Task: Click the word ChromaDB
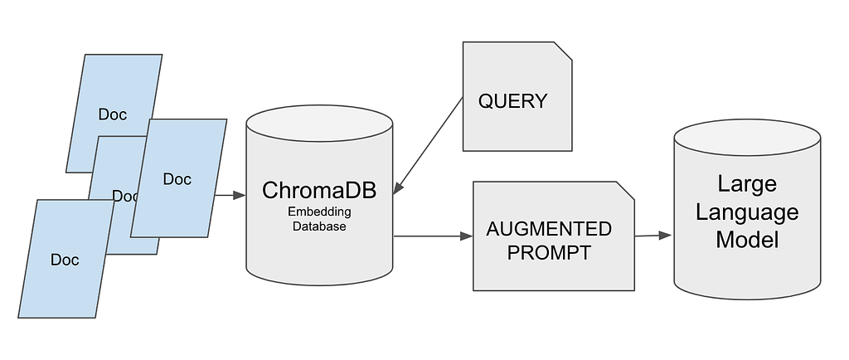click(319, 190)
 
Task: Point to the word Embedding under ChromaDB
click(319, 212)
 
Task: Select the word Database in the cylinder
click(319, 226)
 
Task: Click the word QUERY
click(512, 101)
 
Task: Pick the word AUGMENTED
click(549, 229)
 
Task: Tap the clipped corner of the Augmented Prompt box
click(625, 191)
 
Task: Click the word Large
click(747, 183)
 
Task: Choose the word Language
click(747, 212)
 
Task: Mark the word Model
click(747, 240)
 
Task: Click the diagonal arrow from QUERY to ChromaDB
click(429, 142)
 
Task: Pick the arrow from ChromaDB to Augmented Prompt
click(433, 236)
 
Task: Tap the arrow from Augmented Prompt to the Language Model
click(653, 236)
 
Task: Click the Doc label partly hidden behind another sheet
click(124, 196)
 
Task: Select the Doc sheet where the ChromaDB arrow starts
click(178, 178)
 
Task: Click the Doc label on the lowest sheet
click(65, 260)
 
